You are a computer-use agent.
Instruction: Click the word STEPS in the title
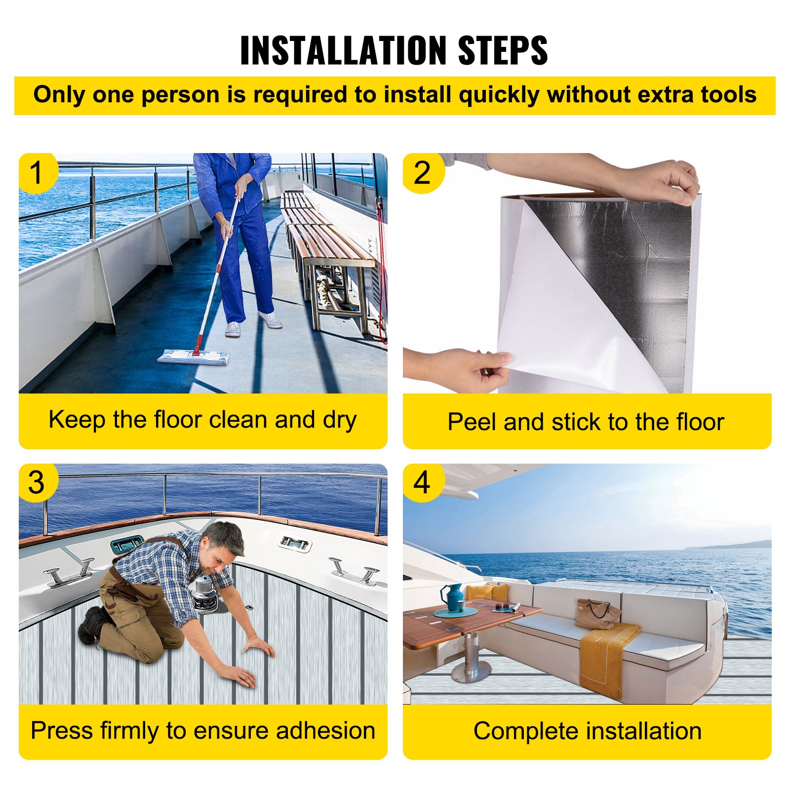pos(503,50)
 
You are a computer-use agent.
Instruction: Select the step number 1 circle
pos(37,173)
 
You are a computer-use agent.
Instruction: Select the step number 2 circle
pos(422,173)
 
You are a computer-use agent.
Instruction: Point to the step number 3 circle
pos(37,482)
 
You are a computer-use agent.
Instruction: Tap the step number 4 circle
pos(422,482)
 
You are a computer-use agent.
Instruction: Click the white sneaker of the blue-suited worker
pos(270,319)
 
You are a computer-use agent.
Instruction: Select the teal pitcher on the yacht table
pos(454,597)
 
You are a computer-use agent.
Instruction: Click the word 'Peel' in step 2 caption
pos(472,422)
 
